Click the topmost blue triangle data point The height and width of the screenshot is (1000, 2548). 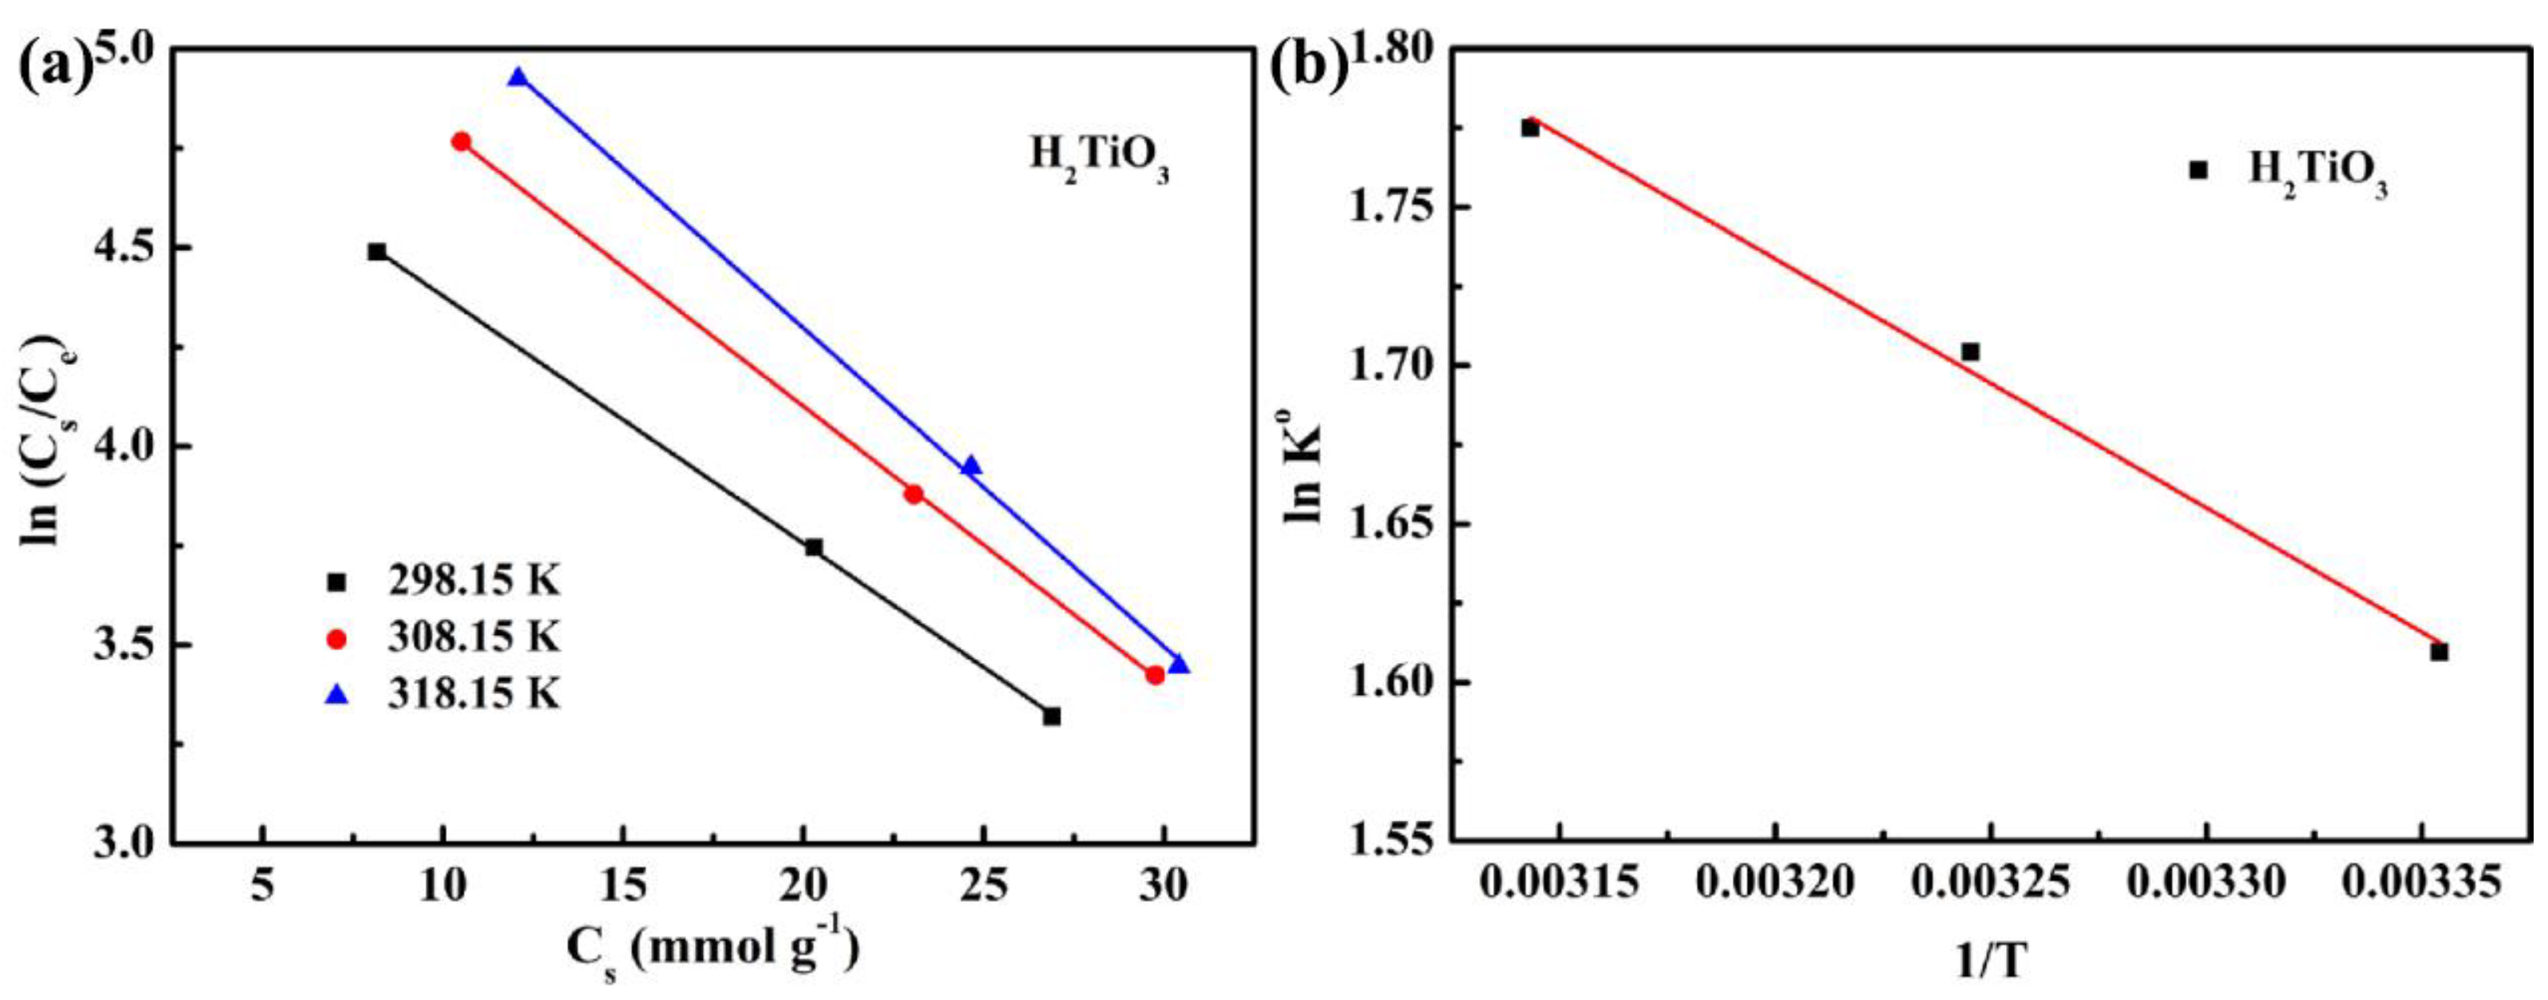518,78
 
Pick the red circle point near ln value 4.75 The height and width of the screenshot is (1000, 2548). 461,142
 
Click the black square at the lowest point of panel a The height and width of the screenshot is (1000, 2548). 1051,716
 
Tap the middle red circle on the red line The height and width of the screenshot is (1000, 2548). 914,493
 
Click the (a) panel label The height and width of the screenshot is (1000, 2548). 54,67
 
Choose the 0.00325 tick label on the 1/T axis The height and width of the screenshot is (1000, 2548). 1990,884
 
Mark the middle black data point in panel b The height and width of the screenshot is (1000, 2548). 1970,351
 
